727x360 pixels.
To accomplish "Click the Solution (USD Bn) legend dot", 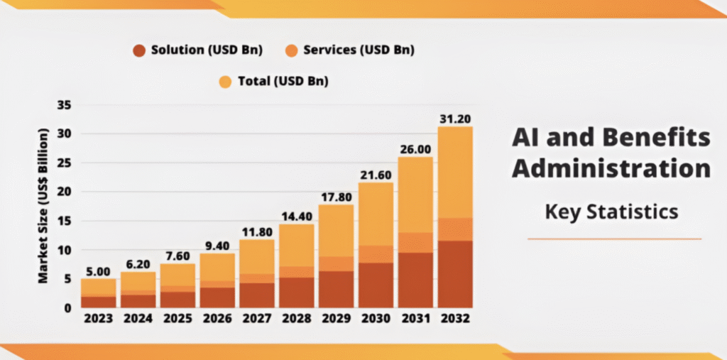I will [x=139, y=50].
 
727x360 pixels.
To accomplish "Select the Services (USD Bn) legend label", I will [x=359, y=50].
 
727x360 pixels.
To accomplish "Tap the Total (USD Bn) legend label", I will [x=283, y=82].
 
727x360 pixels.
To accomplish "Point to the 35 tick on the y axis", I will [x=65, y=105].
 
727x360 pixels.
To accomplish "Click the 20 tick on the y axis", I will [x=65, y=192].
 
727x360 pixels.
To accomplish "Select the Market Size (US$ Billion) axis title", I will [x=44, y=206].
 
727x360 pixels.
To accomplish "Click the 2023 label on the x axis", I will [x=98, y=320].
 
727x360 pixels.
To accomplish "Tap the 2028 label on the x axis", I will [x=296, y=320].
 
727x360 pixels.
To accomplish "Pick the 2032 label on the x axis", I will [x=455, y=320].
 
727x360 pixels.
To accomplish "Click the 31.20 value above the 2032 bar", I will [x=455, y=119].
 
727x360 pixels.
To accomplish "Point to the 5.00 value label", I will [x=98, y=271].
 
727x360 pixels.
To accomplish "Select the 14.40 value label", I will [x=296, y=216].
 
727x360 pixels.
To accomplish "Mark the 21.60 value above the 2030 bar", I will [x=376, y=174].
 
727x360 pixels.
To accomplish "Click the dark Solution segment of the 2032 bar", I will [x=455, y=274].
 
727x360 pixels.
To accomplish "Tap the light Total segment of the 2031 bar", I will [x=415, y=195].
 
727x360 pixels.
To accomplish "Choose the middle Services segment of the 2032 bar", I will [x=455, y=229].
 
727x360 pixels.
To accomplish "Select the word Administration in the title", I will [x=611, y=169].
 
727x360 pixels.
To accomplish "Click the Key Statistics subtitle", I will [x=611, y=212].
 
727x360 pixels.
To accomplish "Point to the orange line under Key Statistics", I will [x=614, y=239].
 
